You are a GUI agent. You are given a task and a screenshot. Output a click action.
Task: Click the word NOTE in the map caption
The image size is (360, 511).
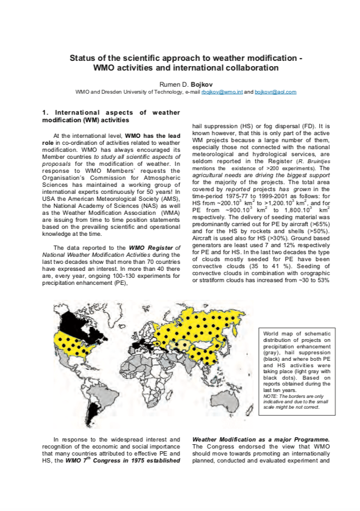coord(270,396)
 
